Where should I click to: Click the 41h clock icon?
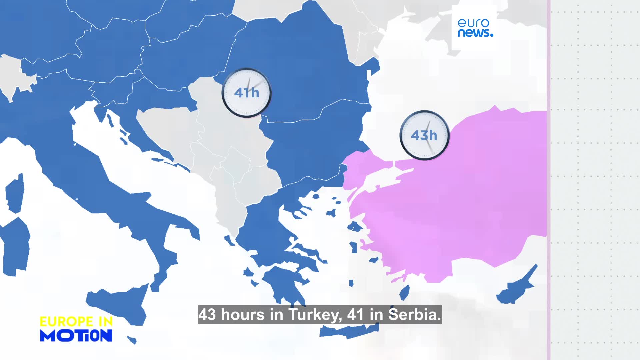click(x=247, y=93)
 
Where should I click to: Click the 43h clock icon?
click(x=424, y=135)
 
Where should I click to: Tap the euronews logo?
click(x=475, y=28)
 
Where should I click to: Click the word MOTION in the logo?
click(x=76, y=335)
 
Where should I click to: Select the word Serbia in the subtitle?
click(x=415, y=315)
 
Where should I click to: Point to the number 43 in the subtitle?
click(x=207, y=315)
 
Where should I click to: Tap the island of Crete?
click(x=348, y=330)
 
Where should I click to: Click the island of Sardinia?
click(x=15, y=247)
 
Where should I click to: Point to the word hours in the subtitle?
click(x=243, y=315)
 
